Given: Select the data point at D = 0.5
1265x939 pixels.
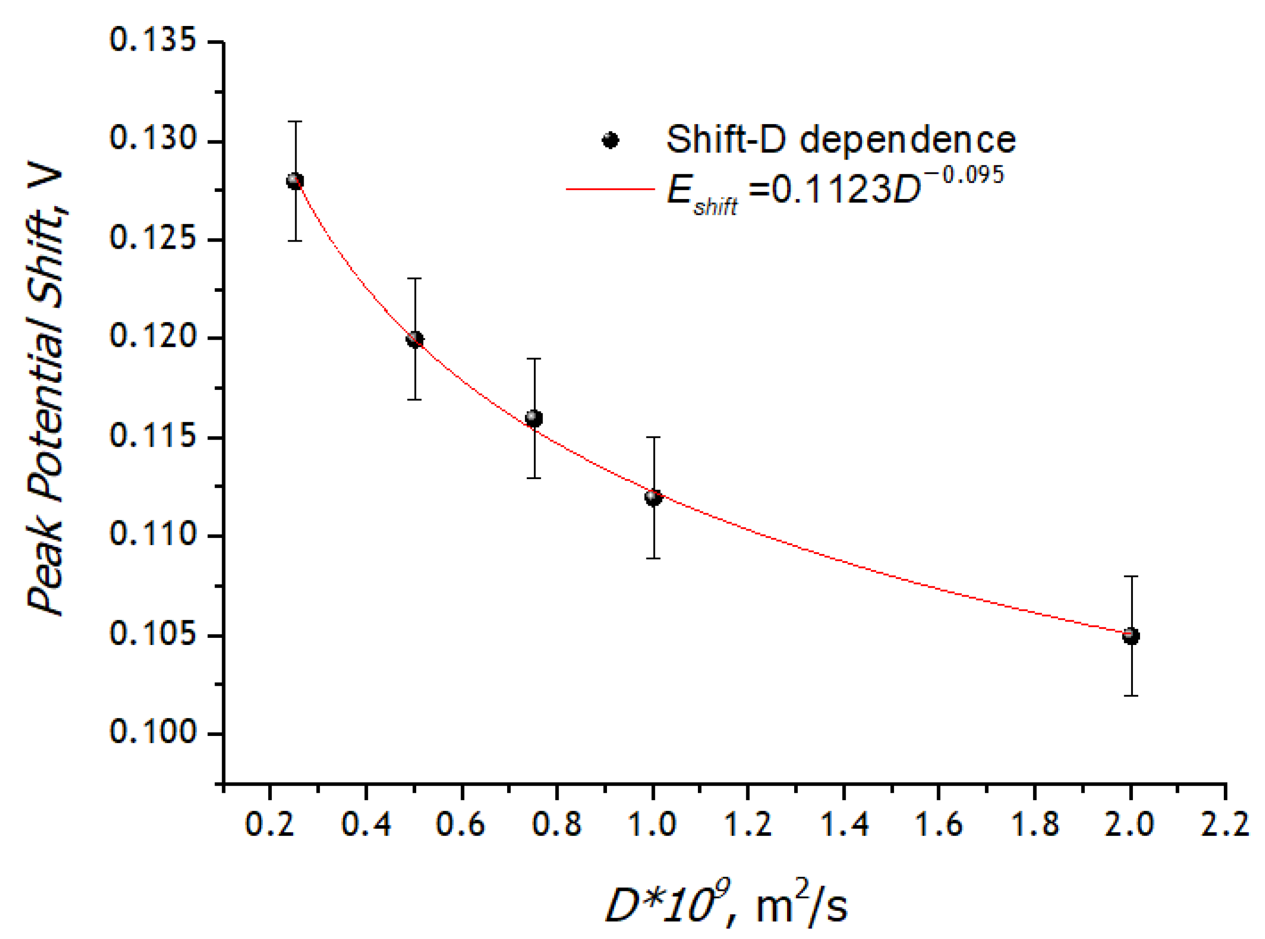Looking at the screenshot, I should tap(415, 339).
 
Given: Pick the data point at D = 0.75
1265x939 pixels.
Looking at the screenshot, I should tap(534, 418).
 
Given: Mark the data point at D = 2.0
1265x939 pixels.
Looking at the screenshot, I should tap(1131, 636).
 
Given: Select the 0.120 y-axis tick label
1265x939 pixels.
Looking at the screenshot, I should tap(152, 337).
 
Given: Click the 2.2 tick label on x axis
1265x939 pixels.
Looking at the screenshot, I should tap(1225, 824).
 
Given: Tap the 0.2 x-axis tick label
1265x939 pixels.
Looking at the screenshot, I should tap(270, 824).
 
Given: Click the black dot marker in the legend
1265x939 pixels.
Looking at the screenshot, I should tap(610, 140).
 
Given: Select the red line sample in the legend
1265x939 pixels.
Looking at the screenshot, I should tap(610, 189).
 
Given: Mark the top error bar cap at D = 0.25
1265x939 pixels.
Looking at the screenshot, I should tap(294, 121).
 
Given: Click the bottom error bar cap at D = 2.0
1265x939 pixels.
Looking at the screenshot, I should tap(1131, 696).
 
